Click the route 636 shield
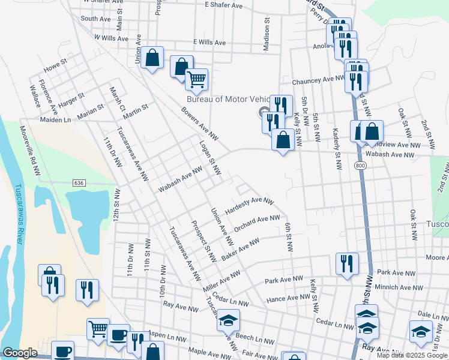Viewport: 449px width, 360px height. tap(80, 182)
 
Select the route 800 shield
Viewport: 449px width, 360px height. tap(360, 166)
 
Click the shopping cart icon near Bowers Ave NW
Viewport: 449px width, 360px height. tap(196, 79)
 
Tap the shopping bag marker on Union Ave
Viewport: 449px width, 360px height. tap(152, 59)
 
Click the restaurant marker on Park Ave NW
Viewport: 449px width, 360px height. tap(347, 264)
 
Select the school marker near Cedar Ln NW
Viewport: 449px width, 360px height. tap(228, 320)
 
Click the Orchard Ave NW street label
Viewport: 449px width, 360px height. tap(257, 223)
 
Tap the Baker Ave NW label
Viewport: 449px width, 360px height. tap(240, 248)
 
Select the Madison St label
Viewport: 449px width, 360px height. tap(266, 26)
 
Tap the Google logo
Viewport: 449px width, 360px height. tap(20, 353)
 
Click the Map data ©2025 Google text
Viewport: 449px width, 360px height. tap(412, 355)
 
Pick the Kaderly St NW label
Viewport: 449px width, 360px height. tap(338, 146)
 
